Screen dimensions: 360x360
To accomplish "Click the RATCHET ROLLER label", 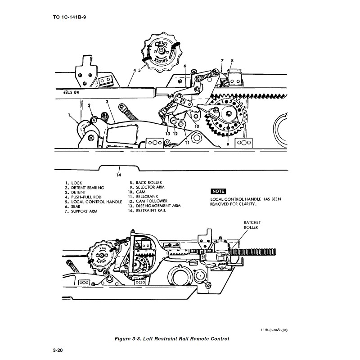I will pyautogui.click(x=252, y=225).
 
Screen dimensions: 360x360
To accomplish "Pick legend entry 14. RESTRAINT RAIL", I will pyautogui.click(x=147, y=210).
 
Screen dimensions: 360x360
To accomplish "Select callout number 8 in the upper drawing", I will pyautogui.click(x=232, y=60).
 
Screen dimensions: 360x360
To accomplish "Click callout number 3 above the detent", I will pyautogui.click(x=108, y=102).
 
